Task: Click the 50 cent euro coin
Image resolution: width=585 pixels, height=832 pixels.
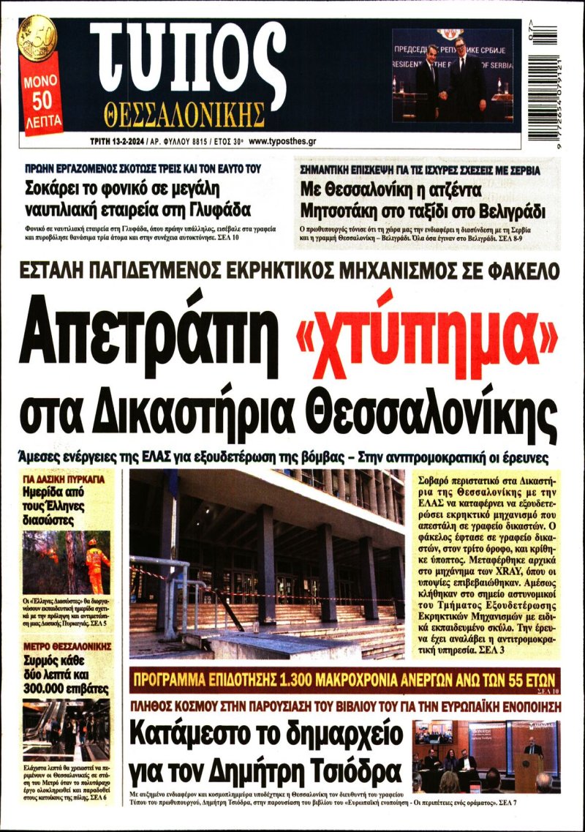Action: [x=38, y=37]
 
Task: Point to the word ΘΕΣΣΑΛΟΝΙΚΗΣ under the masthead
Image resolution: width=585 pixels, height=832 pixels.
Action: [x=184, y=115]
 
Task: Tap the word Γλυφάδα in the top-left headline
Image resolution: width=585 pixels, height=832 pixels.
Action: [x=220, y=211]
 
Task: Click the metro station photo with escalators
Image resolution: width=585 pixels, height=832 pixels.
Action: [x=66, y=730]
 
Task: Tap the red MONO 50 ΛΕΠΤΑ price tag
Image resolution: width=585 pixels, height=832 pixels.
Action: [x=42, y=102]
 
